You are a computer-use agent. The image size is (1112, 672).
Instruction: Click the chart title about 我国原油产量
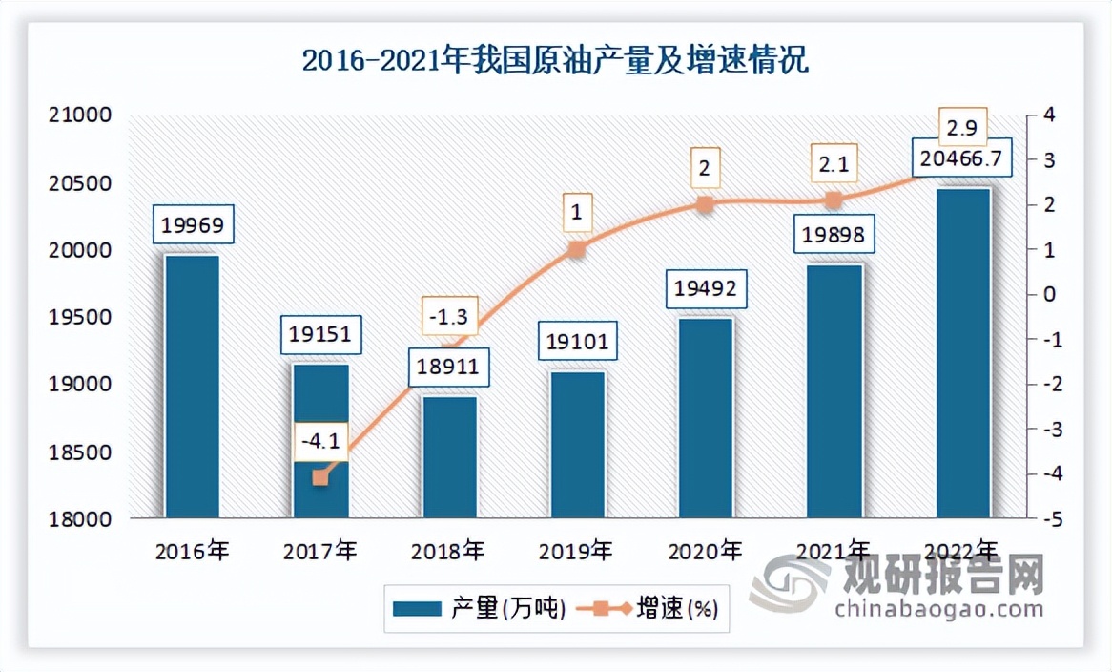click(555, 62)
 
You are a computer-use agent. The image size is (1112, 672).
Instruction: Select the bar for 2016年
click(192, 387)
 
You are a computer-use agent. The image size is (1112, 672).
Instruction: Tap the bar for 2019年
click(577, 445)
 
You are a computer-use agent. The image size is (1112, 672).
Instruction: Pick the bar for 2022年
click(962, 353)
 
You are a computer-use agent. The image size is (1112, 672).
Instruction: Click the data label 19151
click(320, 336)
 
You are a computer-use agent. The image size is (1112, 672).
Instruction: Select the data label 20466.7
click(962, 158)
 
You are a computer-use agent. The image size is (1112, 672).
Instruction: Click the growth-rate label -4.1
click(320, 442)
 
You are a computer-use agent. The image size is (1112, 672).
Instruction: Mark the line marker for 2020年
click(705, 204)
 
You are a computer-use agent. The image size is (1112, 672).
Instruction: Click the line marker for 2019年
click(576, 249)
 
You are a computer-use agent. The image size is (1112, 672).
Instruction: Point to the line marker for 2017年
click(320, 477)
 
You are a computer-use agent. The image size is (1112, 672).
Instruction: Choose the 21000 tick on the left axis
click(79, 115)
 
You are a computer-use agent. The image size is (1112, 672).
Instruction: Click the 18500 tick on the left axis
click(79, 452)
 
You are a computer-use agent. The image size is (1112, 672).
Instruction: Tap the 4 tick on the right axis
click(1049, 115)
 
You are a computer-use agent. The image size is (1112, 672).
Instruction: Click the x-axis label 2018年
click(447, 551)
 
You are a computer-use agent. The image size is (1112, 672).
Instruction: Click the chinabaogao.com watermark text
click(938, 608)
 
